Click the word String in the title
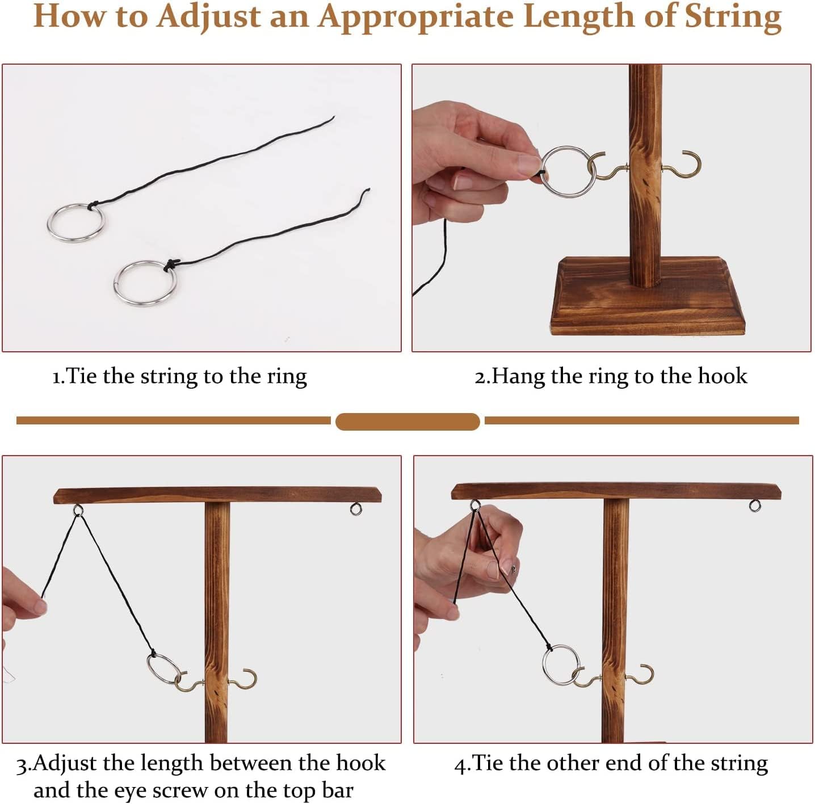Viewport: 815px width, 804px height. (733, 18)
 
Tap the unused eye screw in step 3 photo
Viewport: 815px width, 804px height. (356, 509)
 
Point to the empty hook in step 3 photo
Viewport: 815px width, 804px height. (254, 677)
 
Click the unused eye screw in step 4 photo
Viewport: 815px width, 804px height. (755, 506)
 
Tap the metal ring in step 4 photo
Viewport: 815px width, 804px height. (545, 664)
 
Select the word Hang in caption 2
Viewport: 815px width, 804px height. (518, 376)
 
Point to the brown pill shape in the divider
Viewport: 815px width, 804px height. (407, 422)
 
